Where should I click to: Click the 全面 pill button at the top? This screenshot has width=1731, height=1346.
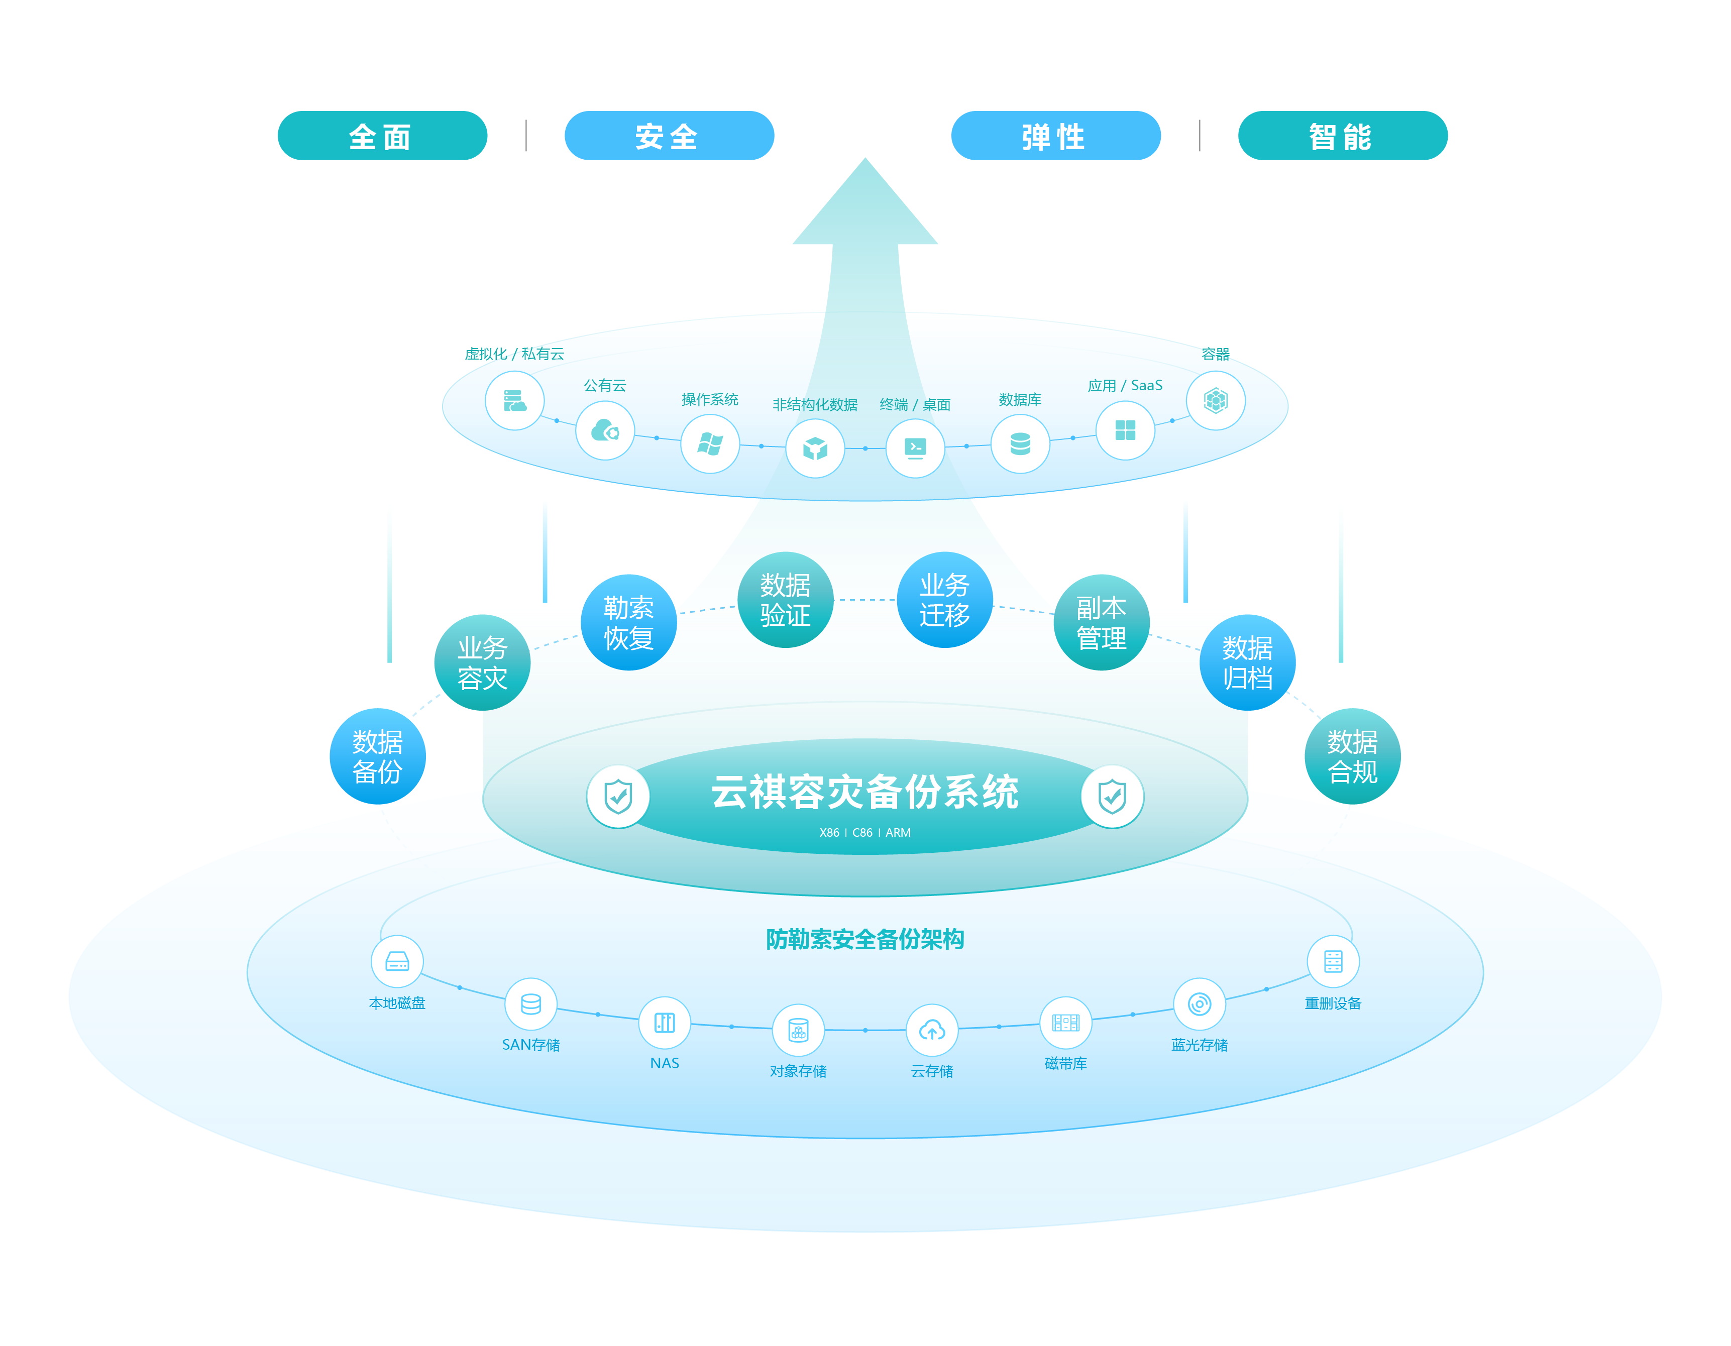(x=382, y=136)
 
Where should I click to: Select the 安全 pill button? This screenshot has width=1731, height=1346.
(x=669, y=136)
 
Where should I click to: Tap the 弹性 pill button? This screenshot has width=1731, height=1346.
(x=1056, y=136)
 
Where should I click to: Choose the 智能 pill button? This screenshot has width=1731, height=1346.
(x=1343, y=136)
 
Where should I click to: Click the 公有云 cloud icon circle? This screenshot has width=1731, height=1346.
(x=605, y=431)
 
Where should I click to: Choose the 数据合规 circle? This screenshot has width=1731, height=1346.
(x=1352, y=756)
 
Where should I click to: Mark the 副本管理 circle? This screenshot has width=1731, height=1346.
(x=1101, y=623)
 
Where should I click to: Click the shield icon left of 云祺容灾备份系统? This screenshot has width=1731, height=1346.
(x=618, y=796)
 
